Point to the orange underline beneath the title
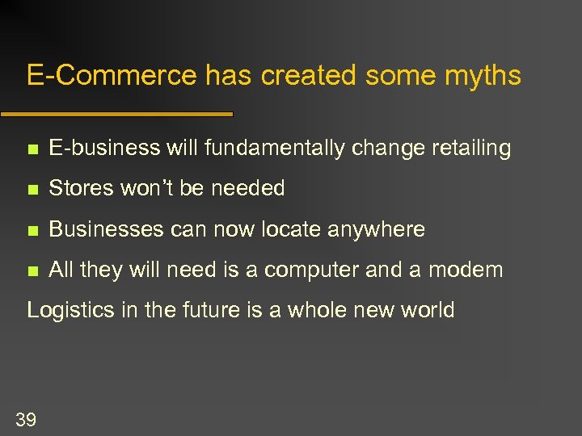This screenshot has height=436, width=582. [116, 114]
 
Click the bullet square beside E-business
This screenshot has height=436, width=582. [32, 149]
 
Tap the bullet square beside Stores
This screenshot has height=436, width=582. [32, 190]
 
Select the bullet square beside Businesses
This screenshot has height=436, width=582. [32, 231]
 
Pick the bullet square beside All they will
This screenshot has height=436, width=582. [32, 271]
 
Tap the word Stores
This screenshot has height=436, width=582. [82, 189]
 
